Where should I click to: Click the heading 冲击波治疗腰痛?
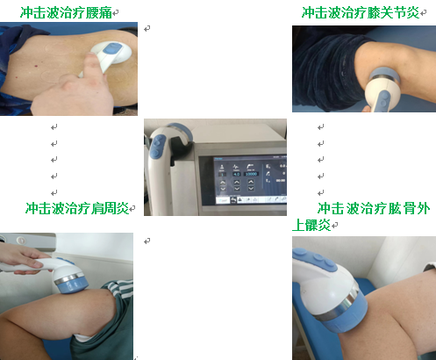[66, 13]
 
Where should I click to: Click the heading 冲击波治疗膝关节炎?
[361, 13]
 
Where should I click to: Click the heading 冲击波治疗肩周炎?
[77, 208]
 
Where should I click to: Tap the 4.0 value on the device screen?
[236, 174]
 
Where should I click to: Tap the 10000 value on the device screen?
[251, 174]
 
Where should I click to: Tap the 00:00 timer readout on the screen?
[281, 181]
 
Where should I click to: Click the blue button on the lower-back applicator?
[113, 48]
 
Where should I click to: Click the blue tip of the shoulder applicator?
[73, 285]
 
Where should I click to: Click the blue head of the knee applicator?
[384, 76]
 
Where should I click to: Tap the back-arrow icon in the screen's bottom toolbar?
[233, 200]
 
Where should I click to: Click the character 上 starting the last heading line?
[298, 225]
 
